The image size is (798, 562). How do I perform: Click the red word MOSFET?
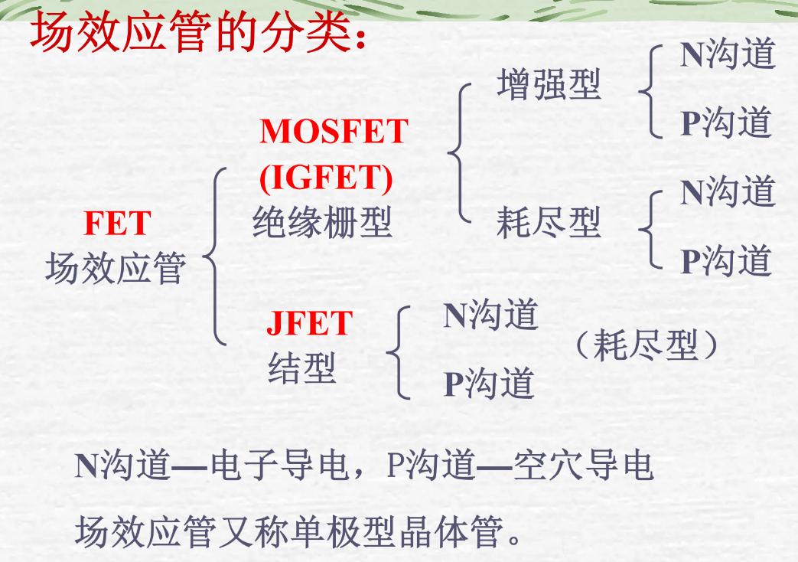[x=334, y=132]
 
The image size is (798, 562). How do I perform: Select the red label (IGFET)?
[x=326, y=178]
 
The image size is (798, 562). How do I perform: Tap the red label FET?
[x=118, y=224]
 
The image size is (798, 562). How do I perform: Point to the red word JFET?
[x=309, y=323]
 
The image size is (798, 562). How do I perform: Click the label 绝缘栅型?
[x=322, y=222]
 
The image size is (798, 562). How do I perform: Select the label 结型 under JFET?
[x=301, y=368]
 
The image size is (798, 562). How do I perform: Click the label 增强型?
[x=549, y=84]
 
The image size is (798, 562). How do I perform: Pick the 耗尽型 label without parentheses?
[x=549, y=222]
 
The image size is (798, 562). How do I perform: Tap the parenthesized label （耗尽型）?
[x=647, y=345]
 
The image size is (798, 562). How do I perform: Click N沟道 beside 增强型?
[x=728, y=54]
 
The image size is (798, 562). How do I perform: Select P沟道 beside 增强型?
[x=726, y=123]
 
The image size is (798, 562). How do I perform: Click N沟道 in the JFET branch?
[x=490, y=315]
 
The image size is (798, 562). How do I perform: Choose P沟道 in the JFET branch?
[x=489, y=383]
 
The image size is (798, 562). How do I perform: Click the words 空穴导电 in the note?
[x=583, y=466]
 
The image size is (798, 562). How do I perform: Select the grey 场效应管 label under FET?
[x=116, y=268]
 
